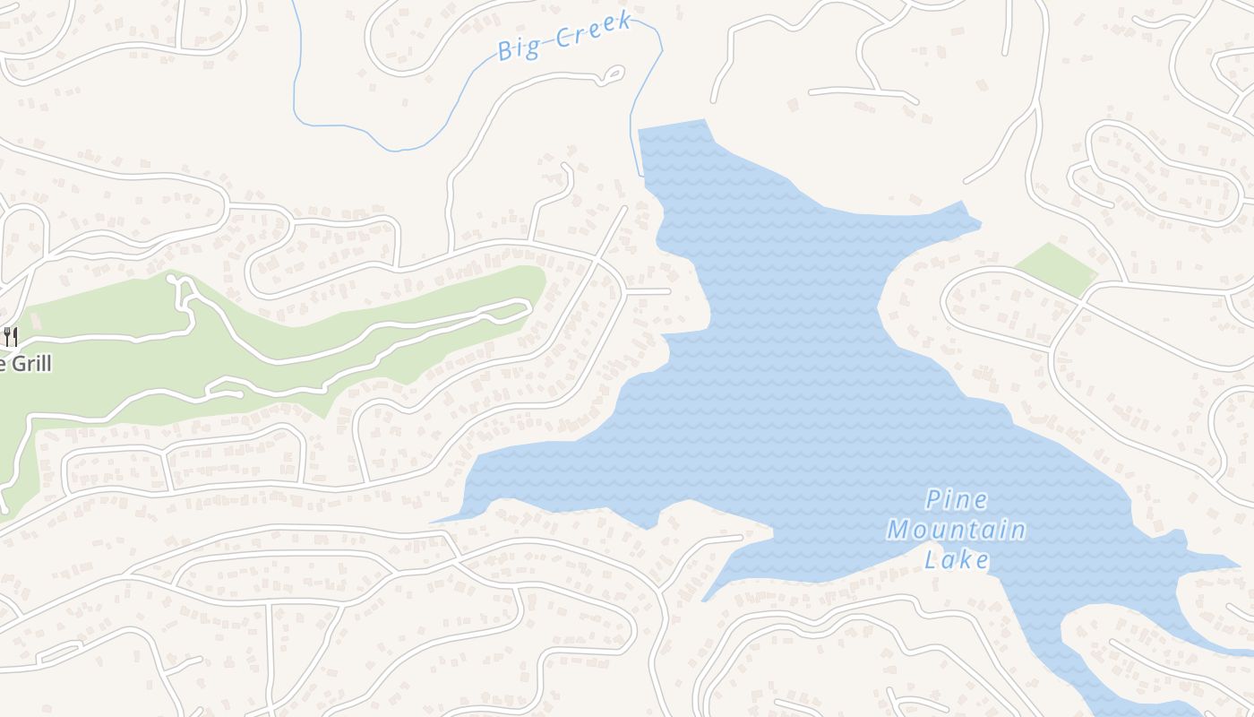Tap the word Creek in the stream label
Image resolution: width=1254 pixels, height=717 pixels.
click(593, 30)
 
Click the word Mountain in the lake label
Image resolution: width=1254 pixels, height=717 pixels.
click(956, 530)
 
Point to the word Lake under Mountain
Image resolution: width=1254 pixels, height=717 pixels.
click(957, 560)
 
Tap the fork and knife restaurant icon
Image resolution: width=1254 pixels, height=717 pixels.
click(10, 337)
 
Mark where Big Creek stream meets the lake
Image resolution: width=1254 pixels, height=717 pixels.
click(642, 176)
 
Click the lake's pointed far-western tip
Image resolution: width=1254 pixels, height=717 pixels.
click(435, 521)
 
